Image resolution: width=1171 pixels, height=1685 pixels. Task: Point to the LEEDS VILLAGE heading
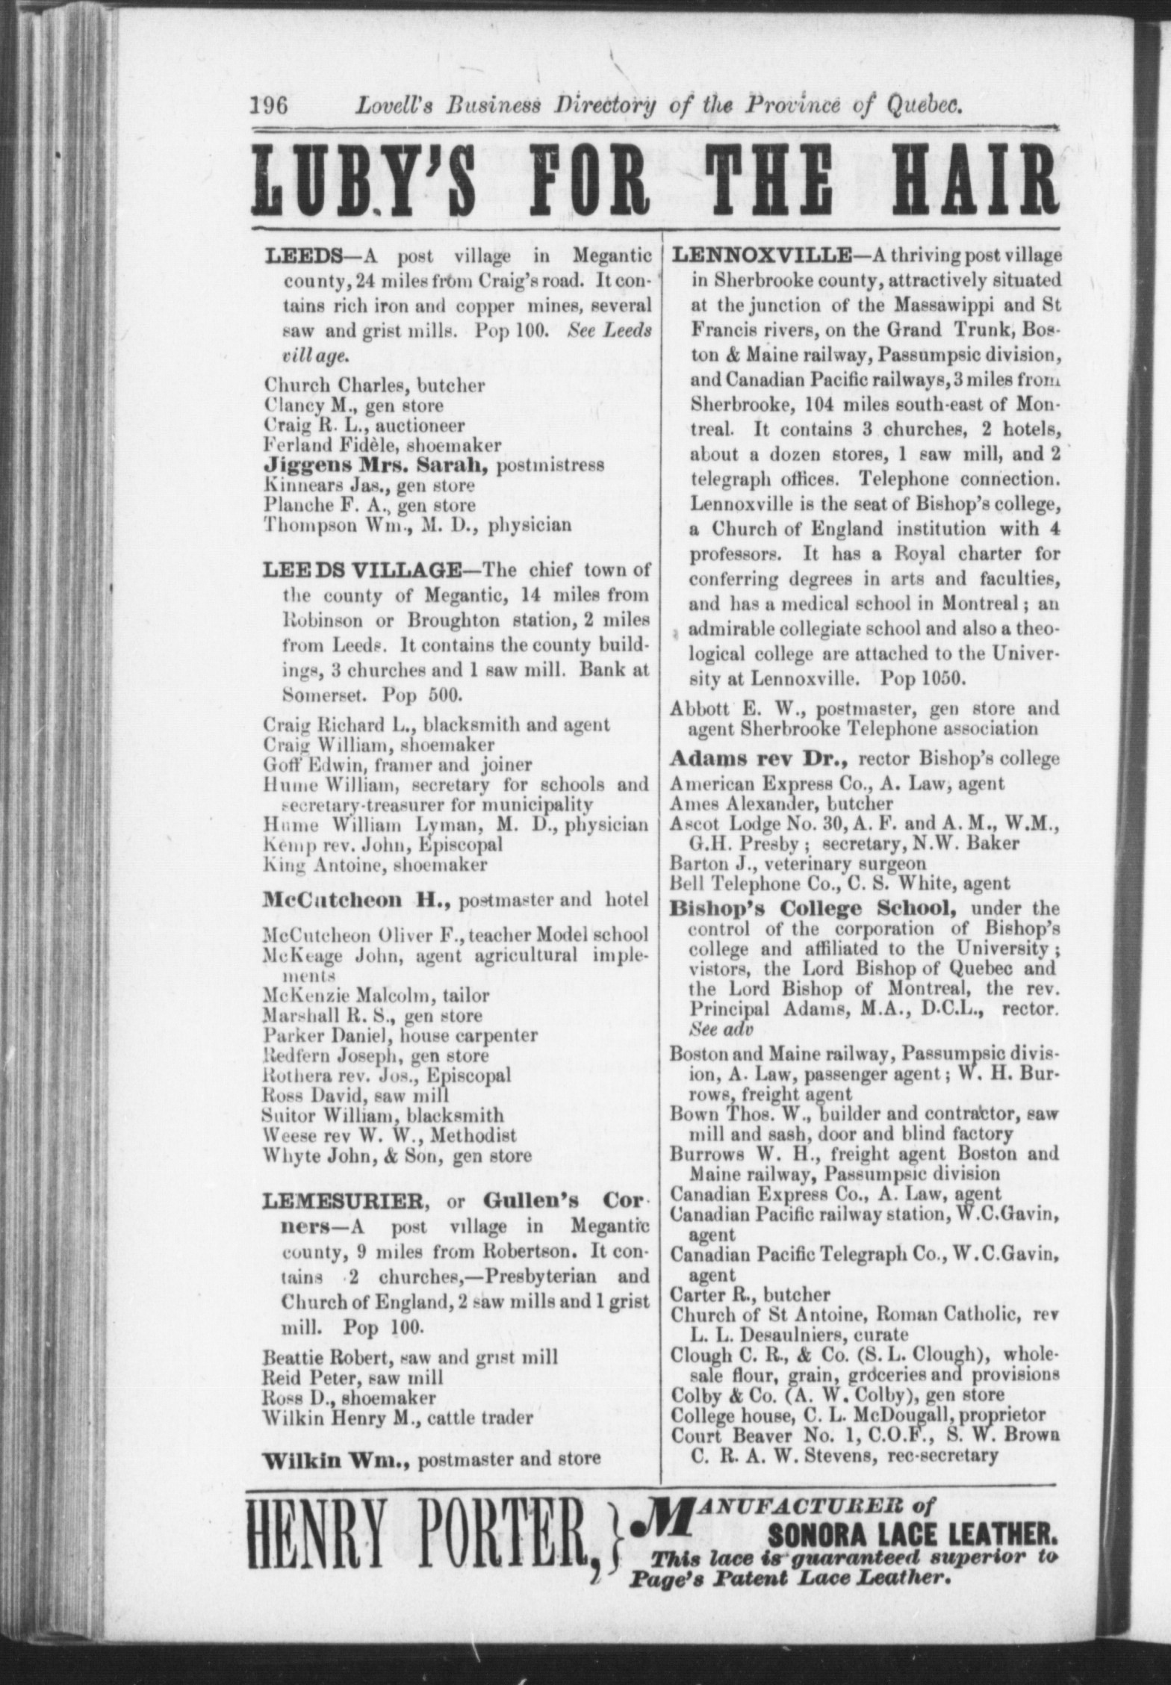point(361,571)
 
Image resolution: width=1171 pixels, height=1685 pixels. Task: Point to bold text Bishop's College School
point(810,908)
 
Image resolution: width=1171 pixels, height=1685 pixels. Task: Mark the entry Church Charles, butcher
point(374,386)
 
